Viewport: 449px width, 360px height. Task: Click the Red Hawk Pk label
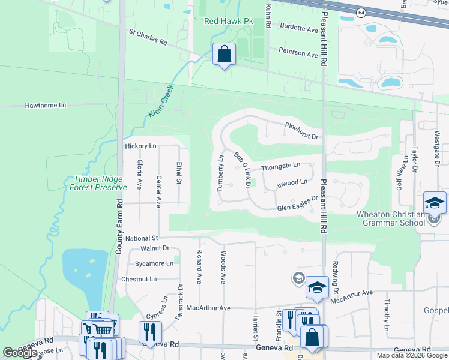(229, 21)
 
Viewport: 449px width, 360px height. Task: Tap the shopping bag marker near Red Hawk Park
(224, 55)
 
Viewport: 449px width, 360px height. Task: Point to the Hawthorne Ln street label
(45, 105)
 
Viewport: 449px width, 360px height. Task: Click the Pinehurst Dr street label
(302, 131)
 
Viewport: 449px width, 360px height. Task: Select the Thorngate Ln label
(280, 165)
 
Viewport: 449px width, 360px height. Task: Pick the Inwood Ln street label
(292, 182)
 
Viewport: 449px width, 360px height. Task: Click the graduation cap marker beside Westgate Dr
(435, 203)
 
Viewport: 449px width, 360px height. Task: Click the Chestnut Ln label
(139, 279)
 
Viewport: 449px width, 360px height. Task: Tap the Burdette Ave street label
(299, 29)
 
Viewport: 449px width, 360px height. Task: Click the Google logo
(20, 353)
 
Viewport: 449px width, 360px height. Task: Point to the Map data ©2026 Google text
(411, 355)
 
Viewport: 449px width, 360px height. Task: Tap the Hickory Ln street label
(140, 146)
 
